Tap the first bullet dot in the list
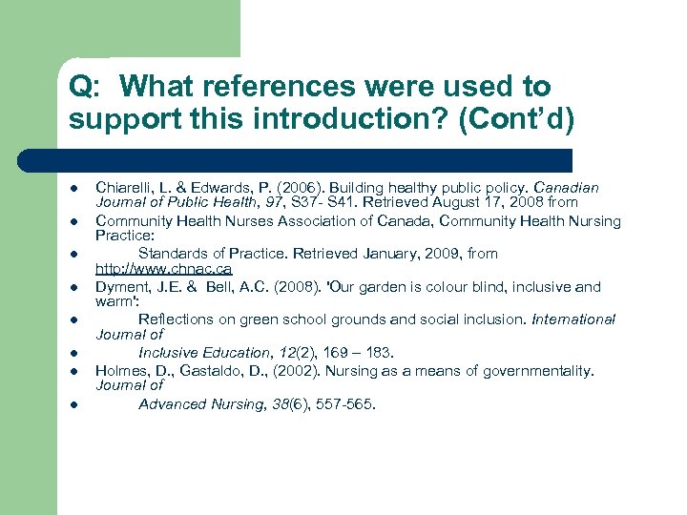point(74,189)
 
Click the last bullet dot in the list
point(74,404)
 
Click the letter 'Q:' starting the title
point(84,88)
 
